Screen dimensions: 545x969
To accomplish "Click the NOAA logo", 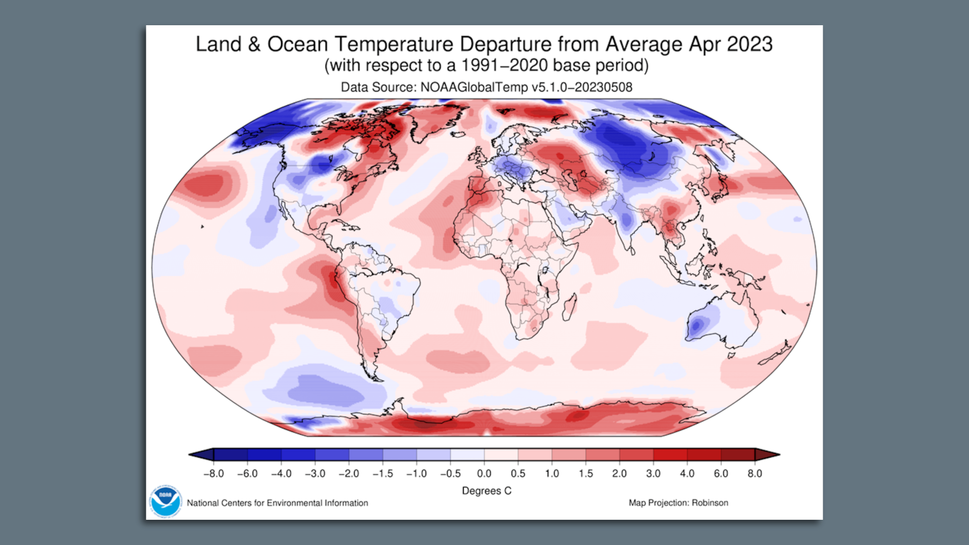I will [165, 501].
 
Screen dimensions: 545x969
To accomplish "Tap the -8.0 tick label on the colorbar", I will [213, 473].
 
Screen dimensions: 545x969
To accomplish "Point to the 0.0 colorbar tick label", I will [484, 473].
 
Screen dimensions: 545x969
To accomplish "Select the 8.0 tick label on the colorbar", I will [755, 473].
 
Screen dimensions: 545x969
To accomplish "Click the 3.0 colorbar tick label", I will [653, 473].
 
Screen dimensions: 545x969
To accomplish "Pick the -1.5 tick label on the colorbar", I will [383, 473].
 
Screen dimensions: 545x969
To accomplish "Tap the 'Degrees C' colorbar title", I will [487, 490].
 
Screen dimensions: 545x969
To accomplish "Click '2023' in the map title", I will [749, 44].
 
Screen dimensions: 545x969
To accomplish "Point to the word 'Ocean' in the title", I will [297, 44].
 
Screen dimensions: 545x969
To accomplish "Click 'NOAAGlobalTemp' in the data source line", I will [474, 87].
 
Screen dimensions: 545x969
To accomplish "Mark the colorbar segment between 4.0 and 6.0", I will [704, 455].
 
